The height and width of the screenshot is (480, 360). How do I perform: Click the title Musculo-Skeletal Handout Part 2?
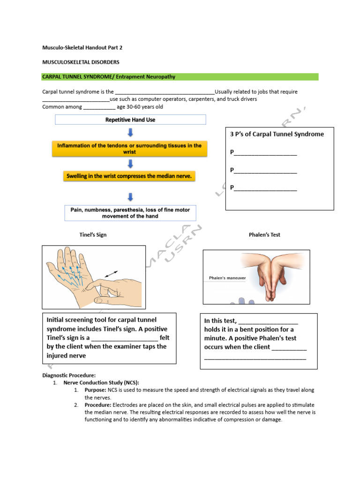point(82,47)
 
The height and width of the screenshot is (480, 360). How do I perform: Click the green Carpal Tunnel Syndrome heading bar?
point(180,77)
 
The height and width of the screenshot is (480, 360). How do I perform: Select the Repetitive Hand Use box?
point(130,120)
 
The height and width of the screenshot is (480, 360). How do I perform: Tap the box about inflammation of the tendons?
point(130,149)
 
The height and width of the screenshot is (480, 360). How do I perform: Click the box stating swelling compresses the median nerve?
point(130,176)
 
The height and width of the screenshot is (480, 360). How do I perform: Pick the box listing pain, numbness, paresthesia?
point(130,213)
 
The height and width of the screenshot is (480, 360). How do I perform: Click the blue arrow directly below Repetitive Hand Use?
point(130,133)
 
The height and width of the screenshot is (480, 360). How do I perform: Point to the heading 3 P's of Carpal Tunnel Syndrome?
point(277,134)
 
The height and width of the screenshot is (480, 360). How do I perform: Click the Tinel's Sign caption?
point(93,235)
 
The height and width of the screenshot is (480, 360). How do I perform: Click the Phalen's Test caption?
point(264,235)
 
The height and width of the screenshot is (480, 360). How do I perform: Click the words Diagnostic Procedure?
point(69,375)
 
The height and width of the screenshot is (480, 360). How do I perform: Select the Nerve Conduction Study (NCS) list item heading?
point(101,382)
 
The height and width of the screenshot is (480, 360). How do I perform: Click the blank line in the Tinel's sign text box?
point(125,337)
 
